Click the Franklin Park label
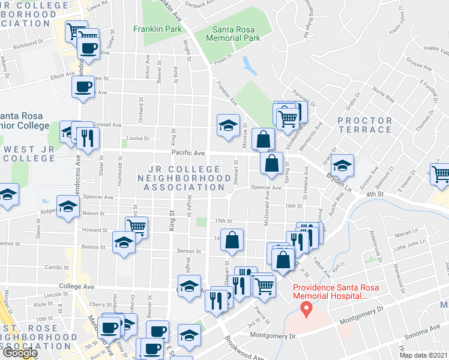(x=157, y=29)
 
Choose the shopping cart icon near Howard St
(x=137, y=228)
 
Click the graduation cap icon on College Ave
(x=189, y=286)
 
